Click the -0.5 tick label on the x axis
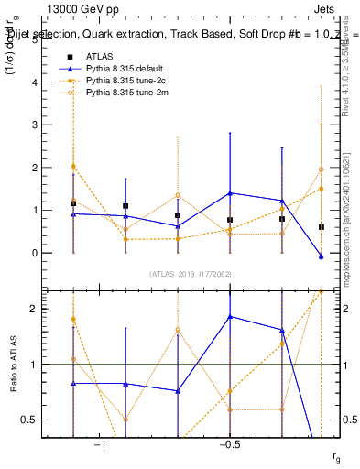pos(229,444)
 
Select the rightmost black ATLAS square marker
pos(322,227)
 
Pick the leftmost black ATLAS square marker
pos(72,202)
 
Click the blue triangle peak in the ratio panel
pos(230,317)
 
